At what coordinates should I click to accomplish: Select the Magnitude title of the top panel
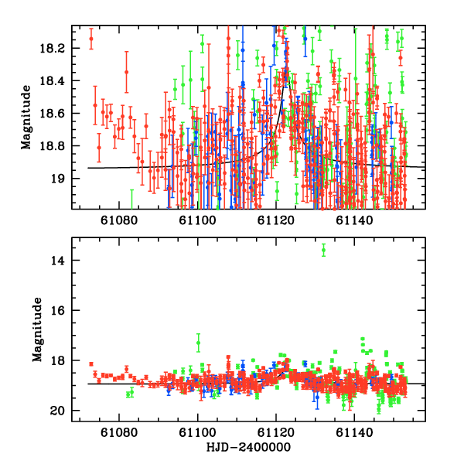[x=26, y=117]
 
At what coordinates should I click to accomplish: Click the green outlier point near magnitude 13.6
[x=324, y=250]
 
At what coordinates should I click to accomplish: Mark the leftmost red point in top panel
[x=91, y=39]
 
